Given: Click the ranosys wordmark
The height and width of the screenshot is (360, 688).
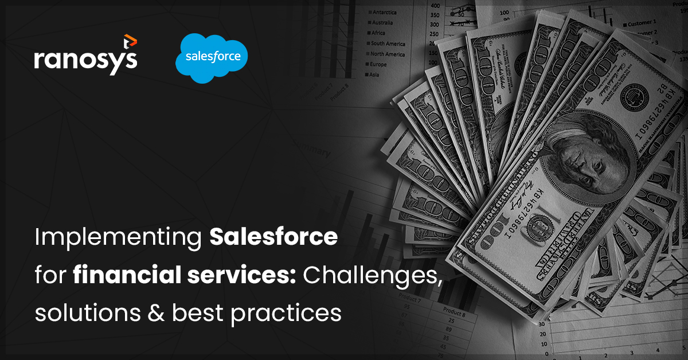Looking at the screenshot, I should [85, 60].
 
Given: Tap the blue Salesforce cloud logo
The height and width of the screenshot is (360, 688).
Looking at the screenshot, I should [212, 57].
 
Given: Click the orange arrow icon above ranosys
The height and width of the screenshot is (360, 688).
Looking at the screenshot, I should [130, 40].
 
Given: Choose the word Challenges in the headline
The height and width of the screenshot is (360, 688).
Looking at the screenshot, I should [372, 275].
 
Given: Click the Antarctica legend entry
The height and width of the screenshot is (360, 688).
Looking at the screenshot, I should [385, 12].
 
